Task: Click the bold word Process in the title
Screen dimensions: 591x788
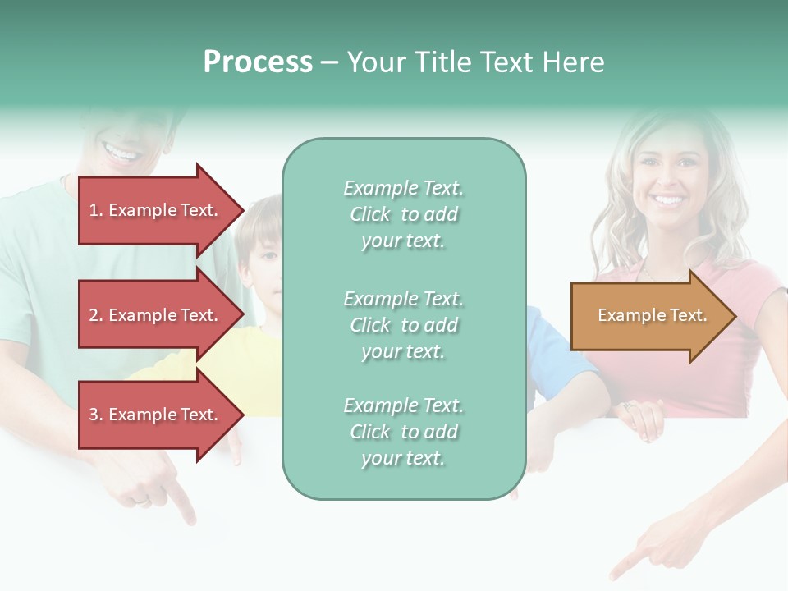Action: (x=258, y=62)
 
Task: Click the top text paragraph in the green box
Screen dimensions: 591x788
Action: (x=403, y=214)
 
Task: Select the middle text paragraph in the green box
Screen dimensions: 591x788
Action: (x=403, y=325)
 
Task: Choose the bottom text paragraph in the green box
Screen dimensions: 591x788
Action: (x=403, y=432)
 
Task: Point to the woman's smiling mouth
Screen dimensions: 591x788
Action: (x=668, y=199)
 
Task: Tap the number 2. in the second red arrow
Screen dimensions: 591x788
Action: (x=96, y=315)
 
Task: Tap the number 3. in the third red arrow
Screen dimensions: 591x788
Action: (x=96, y=415)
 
